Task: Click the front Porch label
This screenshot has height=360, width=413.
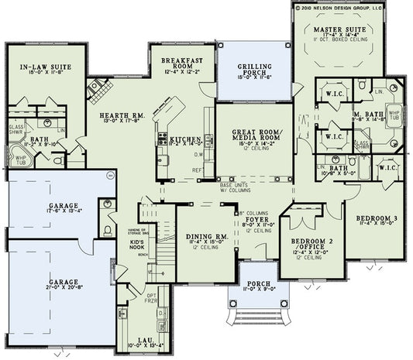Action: (253, 286)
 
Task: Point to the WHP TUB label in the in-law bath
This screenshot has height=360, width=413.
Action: (20, 160)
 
